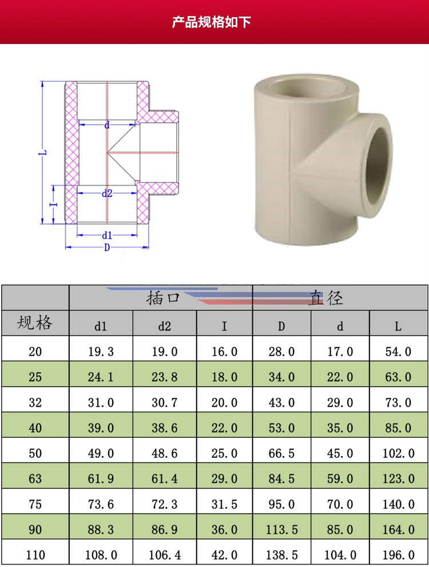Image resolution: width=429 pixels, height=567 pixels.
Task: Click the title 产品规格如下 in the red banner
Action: click(x=211, y=22)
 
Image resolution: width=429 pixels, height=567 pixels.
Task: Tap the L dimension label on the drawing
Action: click(x=43, y=153)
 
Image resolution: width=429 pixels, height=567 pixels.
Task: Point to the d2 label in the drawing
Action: click(x=107, y=193)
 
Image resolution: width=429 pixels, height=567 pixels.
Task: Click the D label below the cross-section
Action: click(x=107, y=247)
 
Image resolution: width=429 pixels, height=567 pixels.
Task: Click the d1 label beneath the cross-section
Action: click(x=107, y=235)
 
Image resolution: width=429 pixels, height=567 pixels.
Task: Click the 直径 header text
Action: click(x=326, y=298)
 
